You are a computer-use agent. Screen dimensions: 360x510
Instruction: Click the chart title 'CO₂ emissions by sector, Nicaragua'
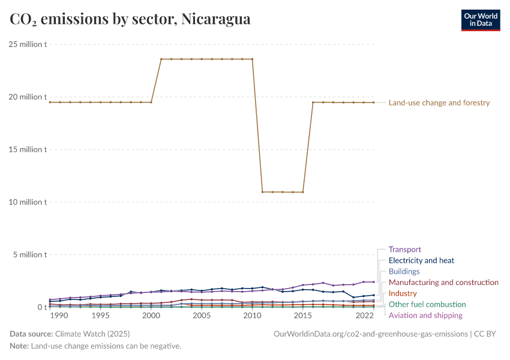click(130, 19)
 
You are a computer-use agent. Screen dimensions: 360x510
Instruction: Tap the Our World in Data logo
click(480, 20)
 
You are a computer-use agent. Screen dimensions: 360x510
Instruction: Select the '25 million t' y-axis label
click(28, 44)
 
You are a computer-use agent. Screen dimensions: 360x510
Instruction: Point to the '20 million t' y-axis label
click(28, 97)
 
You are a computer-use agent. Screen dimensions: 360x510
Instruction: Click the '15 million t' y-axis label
click(28, 149)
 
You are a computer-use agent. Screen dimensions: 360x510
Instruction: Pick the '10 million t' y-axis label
click(28, 202)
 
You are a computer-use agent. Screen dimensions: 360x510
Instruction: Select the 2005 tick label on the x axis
click(202, 316)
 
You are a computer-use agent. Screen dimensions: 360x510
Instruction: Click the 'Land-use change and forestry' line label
click(439, 103)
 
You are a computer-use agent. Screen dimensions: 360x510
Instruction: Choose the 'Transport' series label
click(404, 250)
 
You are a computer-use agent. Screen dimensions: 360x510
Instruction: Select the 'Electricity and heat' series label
click(421, 260)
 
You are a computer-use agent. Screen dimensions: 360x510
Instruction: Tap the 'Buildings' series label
click(404, 271)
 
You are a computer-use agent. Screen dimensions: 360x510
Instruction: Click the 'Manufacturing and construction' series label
click(443, 282)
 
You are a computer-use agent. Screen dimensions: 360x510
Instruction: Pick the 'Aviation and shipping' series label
click(425, 315)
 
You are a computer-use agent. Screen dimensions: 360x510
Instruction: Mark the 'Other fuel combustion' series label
click(427, 304)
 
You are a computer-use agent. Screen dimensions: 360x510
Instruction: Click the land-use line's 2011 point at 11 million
click(262, 192)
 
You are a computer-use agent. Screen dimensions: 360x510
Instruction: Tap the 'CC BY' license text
click(487, 334)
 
